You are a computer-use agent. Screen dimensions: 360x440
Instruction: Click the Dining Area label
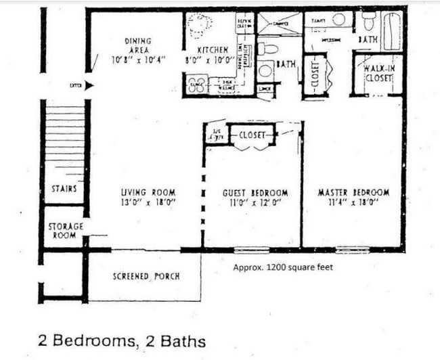tap(137, 45)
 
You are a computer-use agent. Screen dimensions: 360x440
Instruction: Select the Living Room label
tap(148, 193)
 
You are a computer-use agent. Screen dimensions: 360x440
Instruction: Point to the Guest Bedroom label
tap(255, 193)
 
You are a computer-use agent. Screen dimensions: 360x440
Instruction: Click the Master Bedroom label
tap(353, 193)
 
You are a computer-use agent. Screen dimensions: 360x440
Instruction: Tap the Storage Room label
tap(66, 231)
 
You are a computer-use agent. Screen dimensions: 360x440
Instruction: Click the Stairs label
tap(64, 189)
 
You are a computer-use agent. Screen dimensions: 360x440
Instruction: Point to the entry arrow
tap(89, 85)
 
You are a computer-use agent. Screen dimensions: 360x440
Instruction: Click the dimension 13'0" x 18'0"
tap(148, 202)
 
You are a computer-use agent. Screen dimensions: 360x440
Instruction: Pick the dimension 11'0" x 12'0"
tap(255, 202)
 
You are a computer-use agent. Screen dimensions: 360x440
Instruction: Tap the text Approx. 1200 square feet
tap(283, 267)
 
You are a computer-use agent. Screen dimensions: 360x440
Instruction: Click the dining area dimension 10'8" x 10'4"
tap(137, 60)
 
